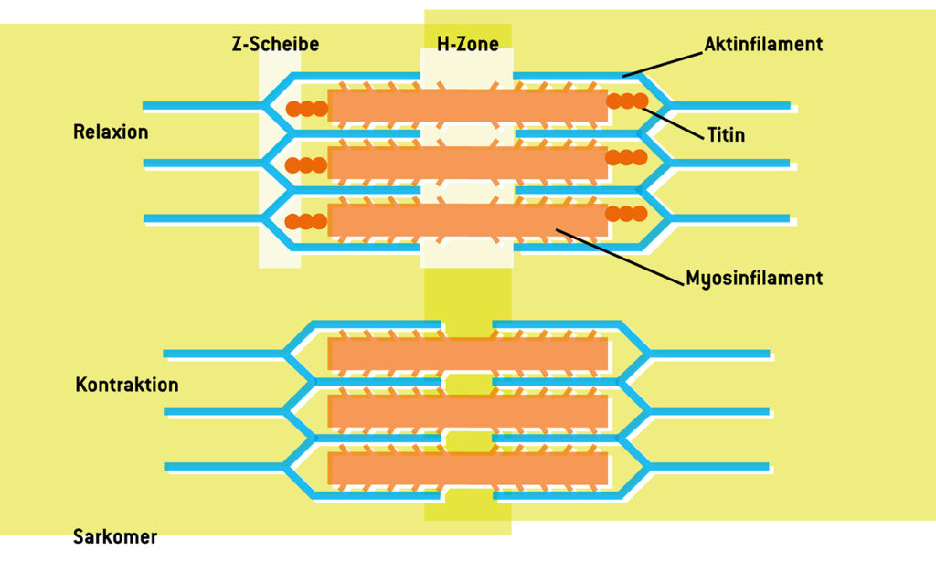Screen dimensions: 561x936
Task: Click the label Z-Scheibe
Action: [x=275, y=44]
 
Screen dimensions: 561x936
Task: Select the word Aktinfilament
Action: [x=763, y=44]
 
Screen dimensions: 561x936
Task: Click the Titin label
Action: [x=727, y=135]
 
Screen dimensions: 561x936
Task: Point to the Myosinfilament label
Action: [x=754, y=278]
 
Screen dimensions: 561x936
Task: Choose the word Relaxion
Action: [x=111, y=132]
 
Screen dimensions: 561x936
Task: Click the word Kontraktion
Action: [x=126, y=385]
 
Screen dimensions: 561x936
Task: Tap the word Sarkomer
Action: [x=115, y=536]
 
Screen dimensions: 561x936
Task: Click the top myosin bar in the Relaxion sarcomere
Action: [x=467, y=106]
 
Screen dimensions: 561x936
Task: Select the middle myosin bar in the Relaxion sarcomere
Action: [x=467, y=164]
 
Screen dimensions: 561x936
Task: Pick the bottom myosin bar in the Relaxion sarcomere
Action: [x=467, y=220]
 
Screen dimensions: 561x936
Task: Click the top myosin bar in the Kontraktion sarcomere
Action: [x=467, y=355]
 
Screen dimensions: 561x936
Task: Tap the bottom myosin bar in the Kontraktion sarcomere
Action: [x=467, y=469]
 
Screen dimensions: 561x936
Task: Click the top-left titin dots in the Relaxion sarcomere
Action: [x=306, y=109]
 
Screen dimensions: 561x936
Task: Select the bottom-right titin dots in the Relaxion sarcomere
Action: [x=626, y=213]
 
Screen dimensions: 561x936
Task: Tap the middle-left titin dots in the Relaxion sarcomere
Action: [x=306, y=165]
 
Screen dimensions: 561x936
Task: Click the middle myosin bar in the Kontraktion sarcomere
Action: [x=467, y=411]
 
